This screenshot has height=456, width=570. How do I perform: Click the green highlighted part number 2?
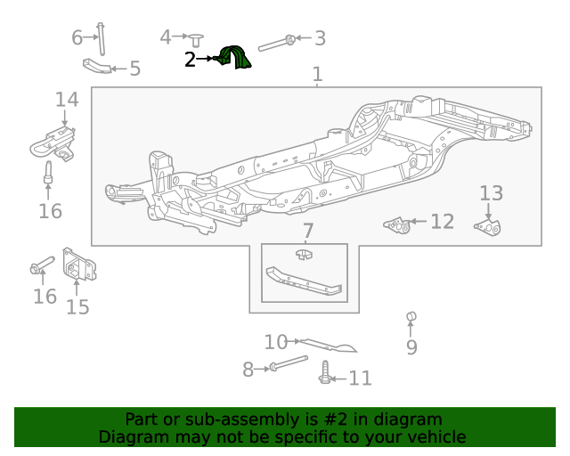pyautogui.click(x=235, y=58)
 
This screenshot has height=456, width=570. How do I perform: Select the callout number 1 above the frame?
pyautogui.click(x=318, y=75)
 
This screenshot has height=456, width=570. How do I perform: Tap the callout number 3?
pyautogui.click(x=320, y=37)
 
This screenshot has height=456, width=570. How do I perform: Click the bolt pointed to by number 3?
pyautogui.click(x=278, y=42)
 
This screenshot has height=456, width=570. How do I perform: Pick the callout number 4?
pyautogui.click(x=165, y=37)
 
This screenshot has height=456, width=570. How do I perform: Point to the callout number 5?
pyautogui.click(x=134, y=69)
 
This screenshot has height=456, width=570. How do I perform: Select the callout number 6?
pyautogui.click(x=77, y=37)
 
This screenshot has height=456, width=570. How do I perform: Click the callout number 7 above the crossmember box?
pyautogui.click(x=307, y=232)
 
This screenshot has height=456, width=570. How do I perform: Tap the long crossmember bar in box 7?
pyautogui.click(x=303, y=281)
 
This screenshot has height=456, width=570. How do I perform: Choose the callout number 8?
pyautogui.click(x=248, y=367)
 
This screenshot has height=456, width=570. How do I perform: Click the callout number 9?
pyautogui.click(x=411, y=346)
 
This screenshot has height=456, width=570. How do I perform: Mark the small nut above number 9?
pyautogui.click(x=411, y=316)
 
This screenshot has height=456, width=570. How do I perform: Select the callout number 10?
pyautogui.click(x=276, y=341)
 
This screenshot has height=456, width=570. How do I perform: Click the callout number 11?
pyautogui.click(x=360, y=379)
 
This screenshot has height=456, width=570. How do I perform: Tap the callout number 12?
pyautogui.click(x=443, y=222)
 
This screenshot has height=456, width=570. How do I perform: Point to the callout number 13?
pyautogui.click(x=492, y=193)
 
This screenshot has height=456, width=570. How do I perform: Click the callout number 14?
pyautogui.click(x=66, y=99)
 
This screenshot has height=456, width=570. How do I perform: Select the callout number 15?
pyautogui.click(x=77, y=307)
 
